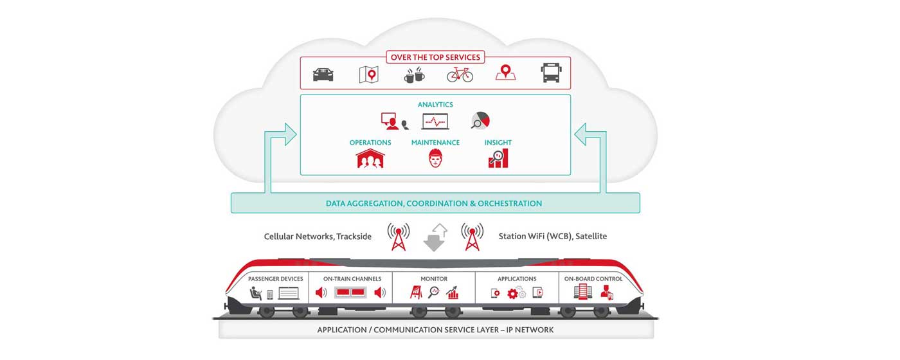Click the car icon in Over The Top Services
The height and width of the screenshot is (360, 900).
[323, 75]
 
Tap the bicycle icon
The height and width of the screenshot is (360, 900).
[460, 75]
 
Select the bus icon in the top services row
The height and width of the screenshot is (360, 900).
[552, 73]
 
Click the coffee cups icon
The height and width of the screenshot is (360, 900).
[414, 75]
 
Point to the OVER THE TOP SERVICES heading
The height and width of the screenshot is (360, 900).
[435, 57]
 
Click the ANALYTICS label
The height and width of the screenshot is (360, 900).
[435, 104]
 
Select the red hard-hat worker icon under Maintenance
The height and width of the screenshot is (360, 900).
[436, 158]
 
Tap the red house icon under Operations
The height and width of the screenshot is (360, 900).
[370, 158]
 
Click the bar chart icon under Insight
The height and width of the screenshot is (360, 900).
[498, 158]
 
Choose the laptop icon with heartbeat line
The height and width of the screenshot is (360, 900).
[435, 121]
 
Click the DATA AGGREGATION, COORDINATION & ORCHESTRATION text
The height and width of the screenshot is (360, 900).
[434, 203]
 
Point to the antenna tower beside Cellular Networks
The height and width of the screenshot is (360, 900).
[399, 237]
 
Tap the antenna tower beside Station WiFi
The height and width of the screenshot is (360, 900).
[473, 237]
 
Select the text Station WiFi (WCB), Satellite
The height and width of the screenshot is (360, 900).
[552, 237]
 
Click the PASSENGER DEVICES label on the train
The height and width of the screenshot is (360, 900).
[275, 279]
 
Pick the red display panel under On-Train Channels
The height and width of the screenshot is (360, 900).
[350, 293]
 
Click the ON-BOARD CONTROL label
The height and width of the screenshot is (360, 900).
[593, 279]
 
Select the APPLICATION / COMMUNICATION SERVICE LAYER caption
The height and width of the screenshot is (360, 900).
[435, 330]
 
